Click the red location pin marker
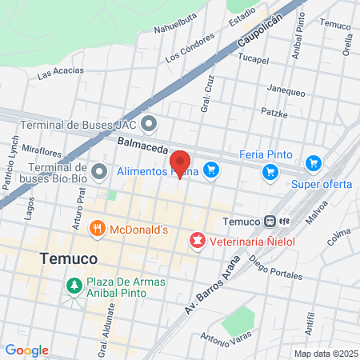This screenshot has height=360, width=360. click(x=181, y=162)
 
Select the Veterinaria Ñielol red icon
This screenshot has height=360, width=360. click(x=196, y=240)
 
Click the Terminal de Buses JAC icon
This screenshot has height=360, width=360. click(x=149, y=126)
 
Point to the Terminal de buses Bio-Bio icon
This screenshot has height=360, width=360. click(x=99, y=172)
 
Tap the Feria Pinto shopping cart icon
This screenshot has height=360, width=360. click(x=270, y=171)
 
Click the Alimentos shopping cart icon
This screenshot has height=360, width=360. click(x=211, y=170)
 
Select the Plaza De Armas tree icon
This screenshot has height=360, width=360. click(x=74, y=286)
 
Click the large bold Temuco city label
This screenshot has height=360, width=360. click(x=68, y=259)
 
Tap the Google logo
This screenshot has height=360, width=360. click(x=26, y=350)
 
